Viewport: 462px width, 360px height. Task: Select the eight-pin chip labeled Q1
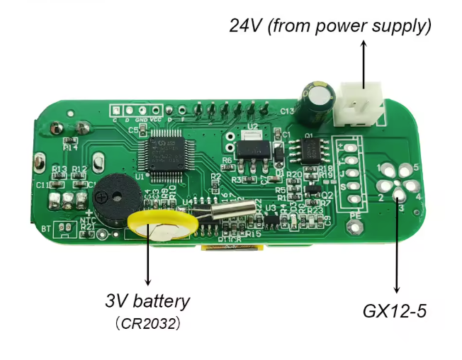[309, 150]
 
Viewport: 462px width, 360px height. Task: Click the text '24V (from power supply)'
[330, 26]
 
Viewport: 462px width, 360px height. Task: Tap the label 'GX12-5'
[394, 310]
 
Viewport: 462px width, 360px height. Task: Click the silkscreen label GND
[141, 120]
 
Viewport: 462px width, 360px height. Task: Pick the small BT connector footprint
[64, 228]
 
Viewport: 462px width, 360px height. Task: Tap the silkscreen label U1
[139, 176]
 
